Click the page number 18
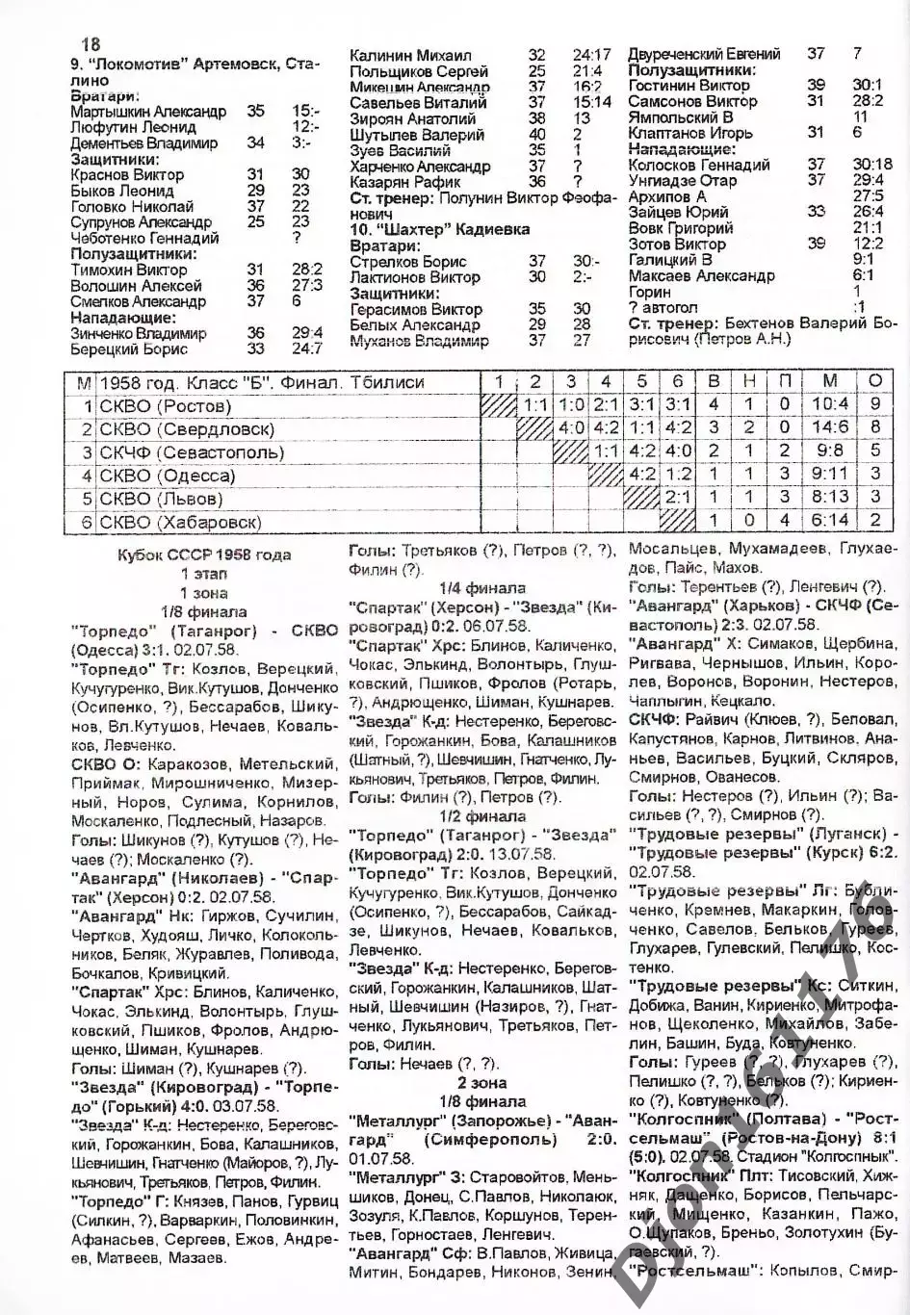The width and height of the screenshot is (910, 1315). (x=91, y=44)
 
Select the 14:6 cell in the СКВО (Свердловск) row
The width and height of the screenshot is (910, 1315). (x=829, y=429)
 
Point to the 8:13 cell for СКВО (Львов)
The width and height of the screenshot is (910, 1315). (x=829, y=499)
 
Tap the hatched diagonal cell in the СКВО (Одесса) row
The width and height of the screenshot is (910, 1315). (x=606, y=476)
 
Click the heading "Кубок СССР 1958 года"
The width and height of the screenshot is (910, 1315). (x=204, y=555)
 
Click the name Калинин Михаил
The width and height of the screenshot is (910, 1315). (x=410, y=56)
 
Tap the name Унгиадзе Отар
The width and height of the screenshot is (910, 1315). (x=683, y=180)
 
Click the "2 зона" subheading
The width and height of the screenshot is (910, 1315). (x=482, y=1083)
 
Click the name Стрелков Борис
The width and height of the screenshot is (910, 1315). (x=408, y=262)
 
